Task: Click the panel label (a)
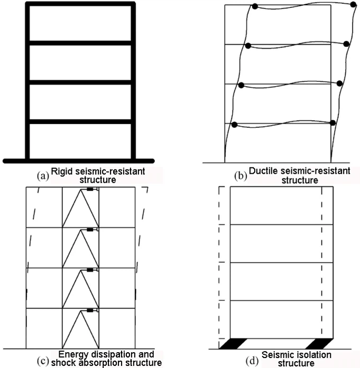pyautogui.click(x=43, y=175)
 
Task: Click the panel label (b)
pyautogui.click(x=241, y=176)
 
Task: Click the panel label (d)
pyautogui.click(x=252, y=361)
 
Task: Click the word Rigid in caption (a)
pyautogui.click(x=62, y=172)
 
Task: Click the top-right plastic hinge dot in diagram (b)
pyautogui.click(x=353, y=4)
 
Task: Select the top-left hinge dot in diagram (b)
pyautogui.click(x=255, y=6)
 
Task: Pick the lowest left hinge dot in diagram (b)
pyautogui.click(x=234, y=125)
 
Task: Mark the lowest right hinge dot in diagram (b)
pyautogui.click(x=333, y=122)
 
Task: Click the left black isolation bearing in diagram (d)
pyautogui.click(x=233, y=344)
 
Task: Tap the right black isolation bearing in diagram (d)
pyautogui.click(x=319, y=344)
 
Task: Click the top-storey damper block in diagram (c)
pyautogui.click(x=90, y=189)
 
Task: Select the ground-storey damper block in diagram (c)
pyautogui.click(x=90, y=310)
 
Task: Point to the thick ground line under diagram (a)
pyautogui.click(x=78, y=161)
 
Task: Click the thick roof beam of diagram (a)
pyautogui.click(x=80, y=4)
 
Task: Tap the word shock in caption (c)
pyautogui.click(x=63, y=363)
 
